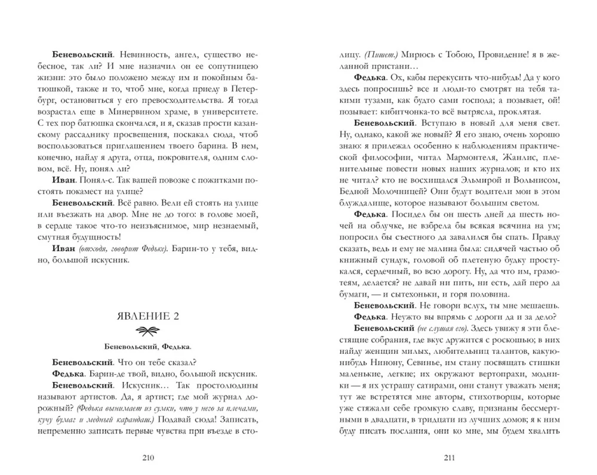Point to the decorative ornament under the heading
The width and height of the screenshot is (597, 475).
pos(149,332)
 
